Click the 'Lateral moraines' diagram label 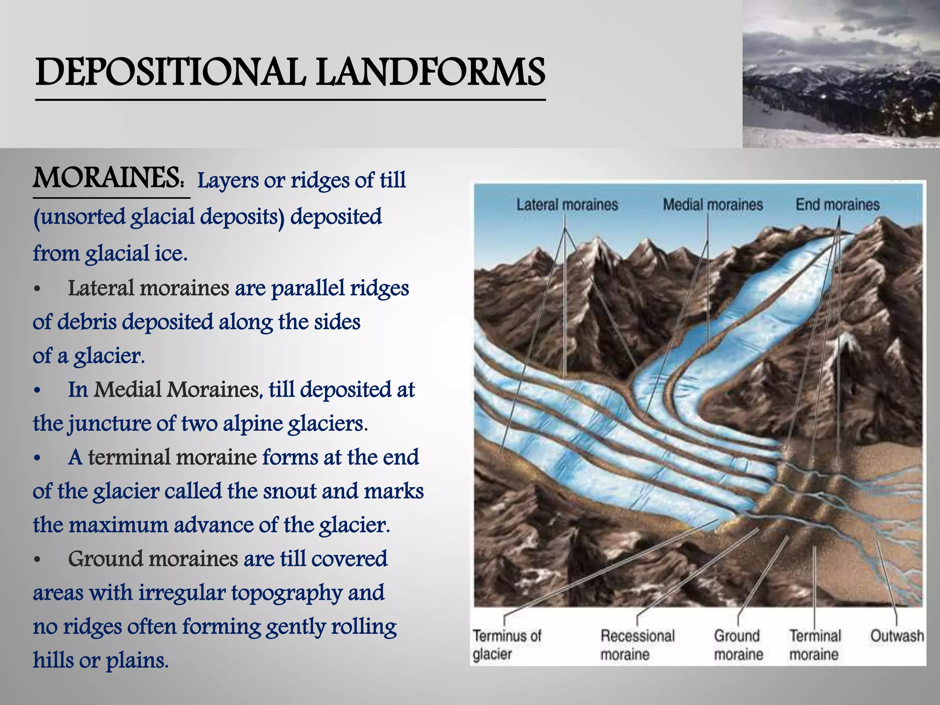567,205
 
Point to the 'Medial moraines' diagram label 713,205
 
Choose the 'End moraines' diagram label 838,205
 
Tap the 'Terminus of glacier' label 507,645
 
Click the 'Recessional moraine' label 638,645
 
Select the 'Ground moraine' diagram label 738,645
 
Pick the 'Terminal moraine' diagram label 815,645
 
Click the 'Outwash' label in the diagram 897,636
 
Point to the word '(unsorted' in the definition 79,217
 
